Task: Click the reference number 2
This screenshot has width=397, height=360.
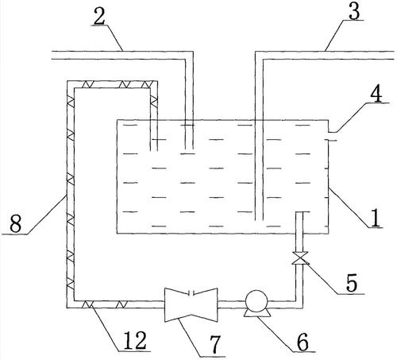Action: (x=99, y=17)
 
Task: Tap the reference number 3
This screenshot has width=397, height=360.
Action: (x=354, y=11)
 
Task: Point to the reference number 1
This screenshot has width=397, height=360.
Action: (x=376, y=218)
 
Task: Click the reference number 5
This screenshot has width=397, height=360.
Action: (x=352, y=283)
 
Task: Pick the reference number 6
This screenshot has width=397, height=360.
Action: (x=303, y=342)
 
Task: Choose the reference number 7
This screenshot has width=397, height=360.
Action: (x=215, y=344)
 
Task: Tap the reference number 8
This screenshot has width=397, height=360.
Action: (x=15, y=224)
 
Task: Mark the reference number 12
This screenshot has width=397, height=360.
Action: (x=135, y=340)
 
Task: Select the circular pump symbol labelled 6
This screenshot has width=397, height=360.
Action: (x=256, y=301)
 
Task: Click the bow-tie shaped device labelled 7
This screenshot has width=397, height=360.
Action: (x=191, y=304)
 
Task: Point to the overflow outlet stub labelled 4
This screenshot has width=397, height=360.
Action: (x=332, y=136)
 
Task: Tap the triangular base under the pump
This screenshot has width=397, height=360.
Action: (x=256, y=314)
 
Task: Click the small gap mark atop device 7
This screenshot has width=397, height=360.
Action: (x=191, y=293)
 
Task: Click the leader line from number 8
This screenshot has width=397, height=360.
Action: (x=46, y=215)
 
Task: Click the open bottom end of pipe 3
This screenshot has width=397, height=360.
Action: (x=259, y=220)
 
